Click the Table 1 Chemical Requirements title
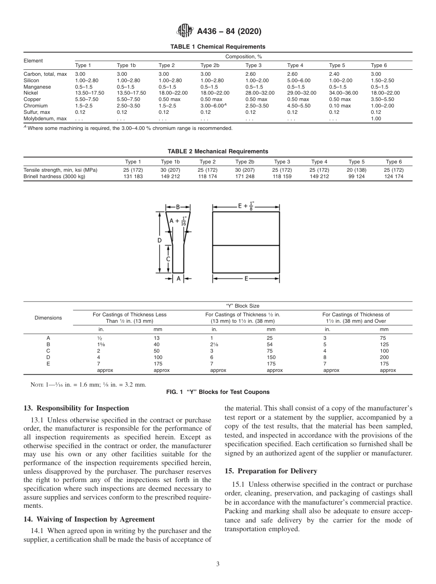tap(218, 47)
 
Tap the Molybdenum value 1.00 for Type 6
tap(375, 118)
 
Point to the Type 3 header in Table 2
tap(282, 162)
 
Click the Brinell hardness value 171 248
tap(244, 176)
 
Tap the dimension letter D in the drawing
tap(159, 241)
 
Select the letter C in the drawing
tap(168, 258)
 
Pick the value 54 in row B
tap(269, 344)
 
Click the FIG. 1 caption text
tap(218, 392)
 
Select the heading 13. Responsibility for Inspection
tap(76, 408)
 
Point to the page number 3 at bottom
tap(218, 564)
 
